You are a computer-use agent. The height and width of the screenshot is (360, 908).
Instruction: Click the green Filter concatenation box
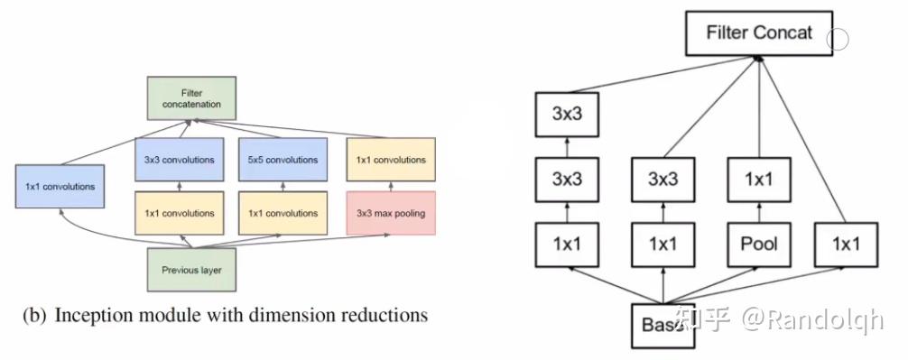(191, 98)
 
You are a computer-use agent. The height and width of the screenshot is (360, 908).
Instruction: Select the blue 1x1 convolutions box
(60, 187)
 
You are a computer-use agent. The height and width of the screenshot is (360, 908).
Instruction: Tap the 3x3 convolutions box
(179, 160)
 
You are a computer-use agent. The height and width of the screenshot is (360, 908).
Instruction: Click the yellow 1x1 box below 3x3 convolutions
(179, 213)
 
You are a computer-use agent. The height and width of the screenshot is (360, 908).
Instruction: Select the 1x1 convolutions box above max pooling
(391, 160)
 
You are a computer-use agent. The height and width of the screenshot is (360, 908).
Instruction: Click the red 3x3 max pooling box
(391, 213)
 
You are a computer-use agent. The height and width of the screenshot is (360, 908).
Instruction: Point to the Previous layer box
(191, 269)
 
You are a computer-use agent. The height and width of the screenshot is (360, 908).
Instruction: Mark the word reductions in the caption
(386, 316)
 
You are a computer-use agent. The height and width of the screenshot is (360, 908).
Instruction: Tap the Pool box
(758, 243)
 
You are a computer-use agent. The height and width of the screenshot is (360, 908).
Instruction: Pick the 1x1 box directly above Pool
(758, 179)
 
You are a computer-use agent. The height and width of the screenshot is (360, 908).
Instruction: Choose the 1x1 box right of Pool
(848, 243)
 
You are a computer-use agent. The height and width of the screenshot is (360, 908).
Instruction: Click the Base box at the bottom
(664, 325)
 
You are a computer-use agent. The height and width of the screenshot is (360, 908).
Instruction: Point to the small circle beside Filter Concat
(839, 38)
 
